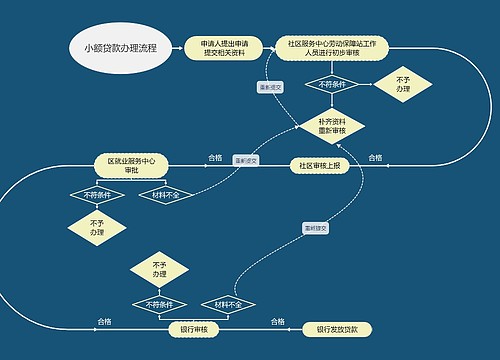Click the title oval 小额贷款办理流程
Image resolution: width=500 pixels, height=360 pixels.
click(120, 48)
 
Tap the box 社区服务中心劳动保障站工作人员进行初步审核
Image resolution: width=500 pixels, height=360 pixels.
click(331, 48)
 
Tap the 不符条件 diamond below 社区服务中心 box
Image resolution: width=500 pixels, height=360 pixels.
click(331, 85)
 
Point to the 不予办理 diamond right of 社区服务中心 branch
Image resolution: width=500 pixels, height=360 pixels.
click(403, 85)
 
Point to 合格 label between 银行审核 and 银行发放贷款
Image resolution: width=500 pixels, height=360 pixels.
click(280, 321)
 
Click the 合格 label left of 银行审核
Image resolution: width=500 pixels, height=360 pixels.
click(104, 321)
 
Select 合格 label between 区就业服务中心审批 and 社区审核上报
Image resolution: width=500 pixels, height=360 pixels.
click(214, 157)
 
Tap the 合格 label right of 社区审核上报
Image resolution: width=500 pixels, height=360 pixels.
click(375, 157)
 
